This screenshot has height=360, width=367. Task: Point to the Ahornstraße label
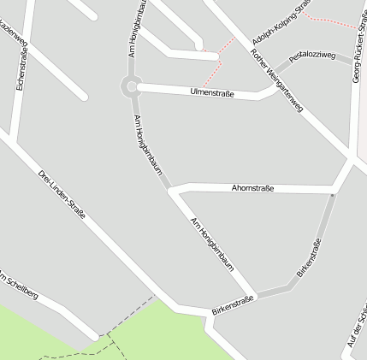coord(252,188)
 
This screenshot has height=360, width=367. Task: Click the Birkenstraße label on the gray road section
coord(310,257)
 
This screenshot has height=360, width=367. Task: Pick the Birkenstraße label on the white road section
coord(233,305)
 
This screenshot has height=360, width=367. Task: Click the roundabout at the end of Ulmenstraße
coord(130,86)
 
